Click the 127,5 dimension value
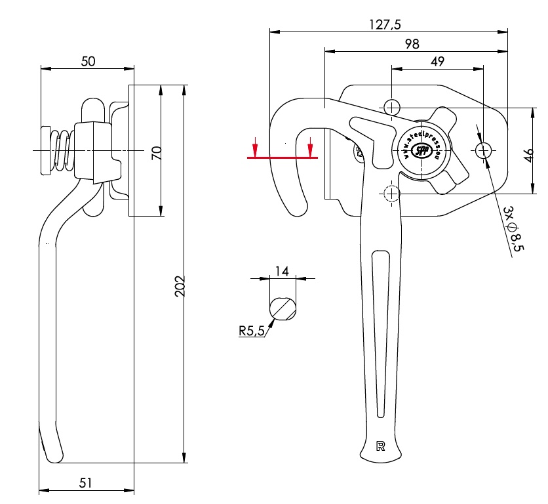point(385,25)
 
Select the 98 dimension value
point(412,44)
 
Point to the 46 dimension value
point(530,155)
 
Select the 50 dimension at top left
point(88,61)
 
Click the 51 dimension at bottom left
point(86,482)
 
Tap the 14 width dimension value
point(282,271)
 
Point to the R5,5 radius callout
point(251,331)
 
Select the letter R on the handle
point(380,446)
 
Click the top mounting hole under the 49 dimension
point(391,106)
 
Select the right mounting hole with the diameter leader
point(484,150)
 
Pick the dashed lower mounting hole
point(391,194)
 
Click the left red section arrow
point(256,148)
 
